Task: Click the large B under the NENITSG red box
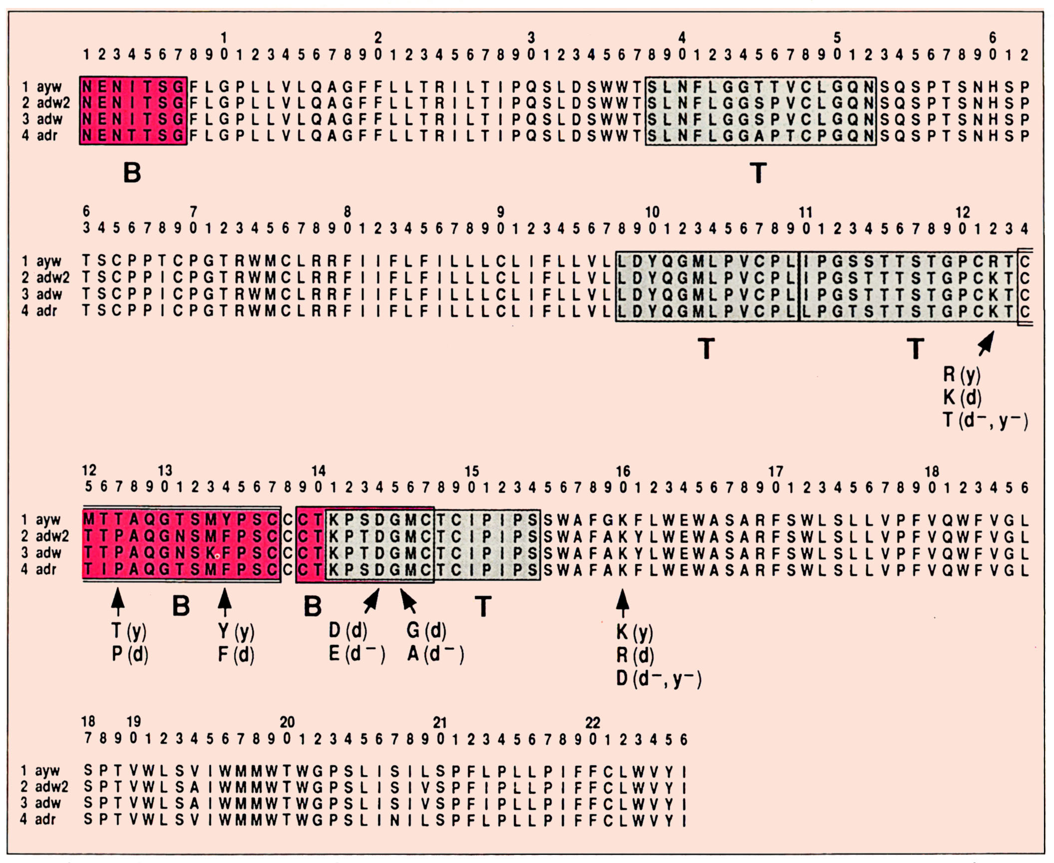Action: point(132,173)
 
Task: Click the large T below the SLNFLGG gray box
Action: point(758,173)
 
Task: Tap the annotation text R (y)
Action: point(961,374)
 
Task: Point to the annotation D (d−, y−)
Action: point(659,679)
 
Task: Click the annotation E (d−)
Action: point(356,654)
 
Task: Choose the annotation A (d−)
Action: point(435,654)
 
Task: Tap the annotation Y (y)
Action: point(236,632)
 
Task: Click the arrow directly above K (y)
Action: point(622,603)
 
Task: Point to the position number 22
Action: point(592,723)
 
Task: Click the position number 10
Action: point(652,212)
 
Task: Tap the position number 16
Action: point(623,471)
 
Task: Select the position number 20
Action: point(287,722)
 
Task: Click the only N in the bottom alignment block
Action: point(394,820)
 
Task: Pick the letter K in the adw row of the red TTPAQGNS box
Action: point(211,553)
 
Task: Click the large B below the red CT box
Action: point(313,607)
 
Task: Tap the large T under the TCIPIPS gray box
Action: point(482,607)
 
